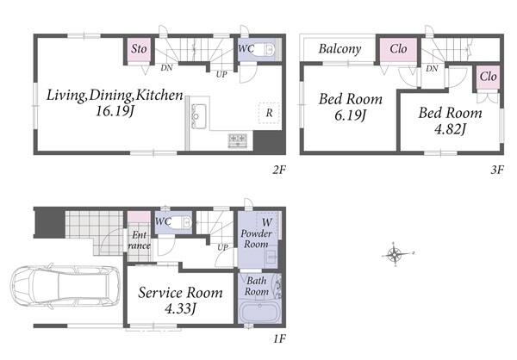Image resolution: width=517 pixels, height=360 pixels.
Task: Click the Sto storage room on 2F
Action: [139, 49]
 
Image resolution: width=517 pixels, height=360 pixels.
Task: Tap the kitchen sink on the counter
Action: [199, 115]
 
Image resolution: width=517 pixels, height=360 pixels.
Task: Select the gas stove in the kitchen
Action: [238, 140]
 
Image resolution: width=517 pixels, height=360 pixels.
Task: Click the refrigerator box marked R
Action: [269, 113]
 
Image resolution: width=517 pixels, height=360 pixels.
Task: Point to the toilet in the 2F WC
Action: [265, 50]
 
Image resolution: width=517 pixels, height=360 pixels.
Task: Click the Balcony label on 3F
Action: [339, 49]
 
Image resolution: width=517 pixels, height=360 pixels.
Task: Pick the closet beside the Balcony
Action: [398, 49]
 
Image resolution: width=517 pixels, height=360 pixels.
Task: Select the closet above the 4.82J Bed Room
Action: [488, 78]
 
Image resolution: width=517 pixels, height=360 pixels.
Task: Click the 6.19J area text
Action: [350, 115]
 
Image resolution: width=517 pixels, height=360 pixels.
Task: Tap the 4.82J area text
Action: [450, 129]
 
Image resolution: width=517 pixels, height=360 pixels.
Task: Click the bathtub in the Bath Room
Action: [259, 313]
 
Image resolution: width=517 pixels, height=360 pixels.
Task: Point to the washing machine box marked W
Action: [267, 222]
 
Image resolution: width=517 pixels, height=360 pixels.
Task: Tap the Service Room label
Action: [180, 293]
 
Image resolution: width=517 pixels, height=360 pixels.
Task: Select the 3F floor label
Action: [497, 170]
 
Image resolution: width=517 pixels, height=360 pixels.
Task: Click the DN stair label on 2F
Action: [166, 68]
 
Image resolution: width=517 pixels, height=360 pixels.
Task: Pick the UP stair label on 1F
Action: [222, 247]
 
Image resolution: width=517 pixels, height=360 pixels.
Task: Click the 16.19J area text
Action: [115, 111]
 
